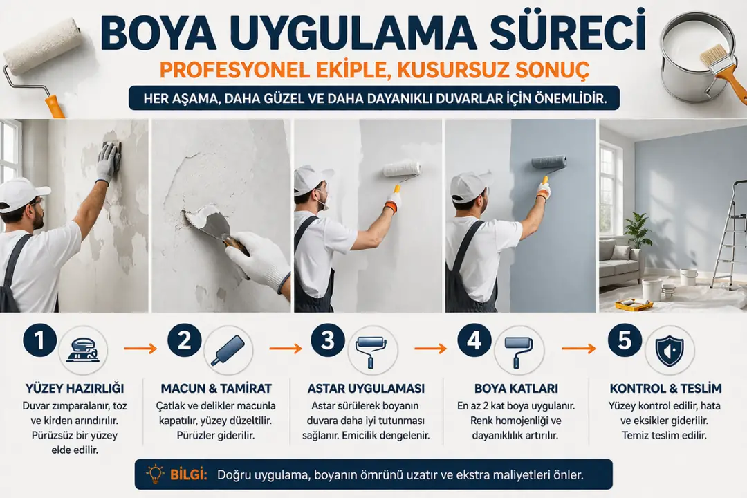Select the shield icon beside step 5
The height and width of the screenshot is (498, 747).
[670, 351]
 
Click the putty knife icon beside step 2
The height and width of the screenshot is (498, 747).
[228, 351]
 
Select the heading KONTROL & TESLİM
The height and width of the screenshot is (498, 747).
[665, 389]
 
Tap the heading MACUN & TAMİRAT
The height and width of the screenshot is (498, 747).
[216, 389]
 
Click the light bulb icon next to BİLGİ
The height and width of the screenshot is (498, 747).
[157, 474]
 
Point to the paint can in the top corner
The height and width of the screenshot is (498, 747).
[692, 55]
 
